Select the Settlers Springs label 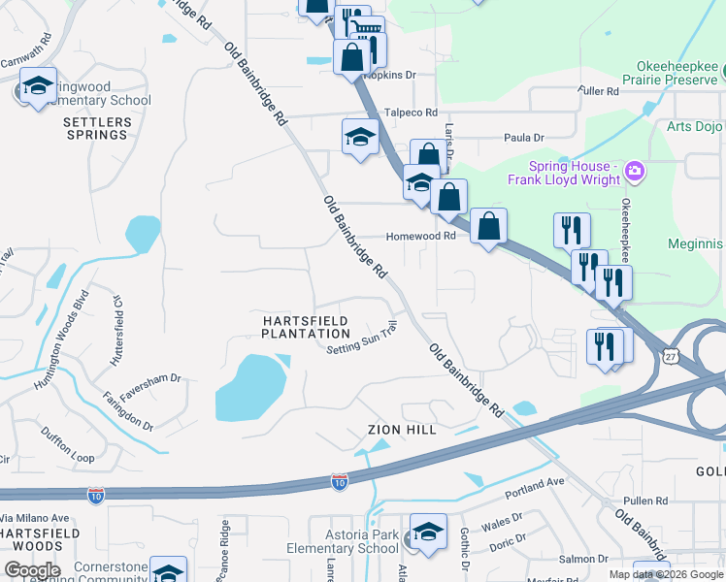pos(95,128)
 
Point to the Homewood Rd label pos(420,236)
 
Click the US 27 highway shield pos(670,356)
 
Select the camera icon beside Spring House pos(635,173)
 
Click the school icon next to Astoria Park pos(427,533)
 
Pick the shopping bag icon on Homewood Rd pos(488,227)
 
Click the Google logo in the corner pos(32,569)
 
